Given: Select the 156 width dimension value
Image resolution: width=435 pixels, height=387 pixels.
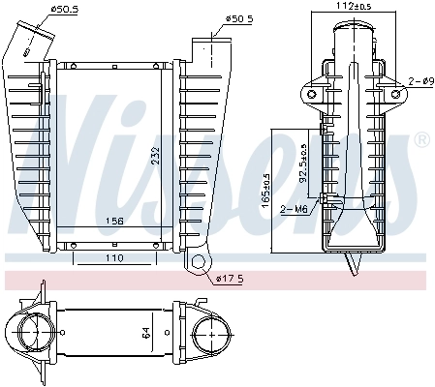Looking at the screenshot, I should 114,221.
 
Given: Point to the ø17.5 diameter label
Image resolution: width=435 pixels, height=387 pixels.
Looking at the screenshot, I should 229,279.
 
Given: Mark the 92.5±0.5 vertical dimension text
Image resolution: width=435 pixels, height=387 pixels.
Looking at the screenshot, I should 303,164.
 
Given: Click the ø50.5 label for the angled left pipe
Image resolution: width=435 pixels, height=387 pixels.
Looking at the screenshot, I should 64,10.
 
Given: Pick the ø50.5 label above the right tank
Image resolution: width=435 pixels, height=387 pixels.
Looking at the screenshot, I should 240,17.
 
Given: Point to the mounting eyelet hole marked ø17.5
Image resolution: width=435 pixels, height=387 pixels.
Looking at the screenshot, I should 201,262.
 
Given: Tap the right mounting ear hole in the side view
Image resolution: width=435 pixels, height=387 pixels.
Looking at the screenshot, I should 395,93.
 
